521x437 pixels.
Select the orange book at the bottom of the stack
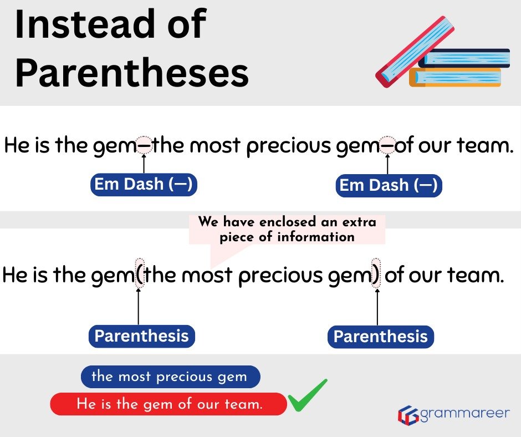click(454, 77)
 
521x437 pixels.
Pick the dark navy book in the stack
click(466, 58)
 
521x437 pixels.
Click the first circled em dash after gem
click(144, 146)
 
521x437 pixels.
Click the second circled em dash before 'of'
click(387, 146)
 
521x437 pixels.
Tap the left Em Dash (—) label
click(144, 185)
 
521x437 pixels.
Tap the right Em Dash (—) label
click(389, 185)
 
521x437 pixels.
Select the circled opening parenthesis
click(140, 273)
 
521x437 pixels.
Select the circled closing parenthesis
click(376, 273)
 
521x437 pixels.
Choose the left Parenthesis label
click(141, 336)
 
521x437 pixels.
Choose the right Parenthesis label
click(380, 337)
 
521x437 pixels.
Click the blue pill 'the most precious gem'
click(170, 377)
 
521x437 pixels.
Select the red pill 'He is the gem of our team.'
click(169, 404)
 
